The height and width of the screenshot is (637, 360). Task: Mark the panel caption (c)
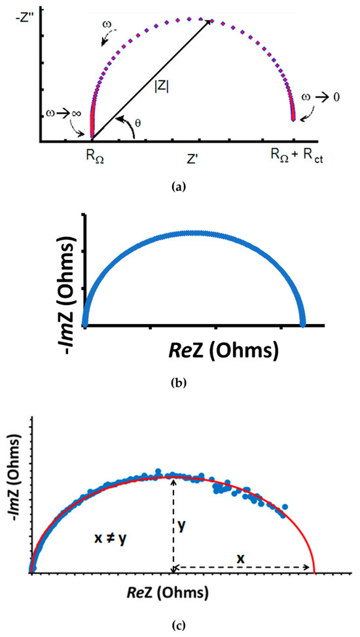179,625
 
